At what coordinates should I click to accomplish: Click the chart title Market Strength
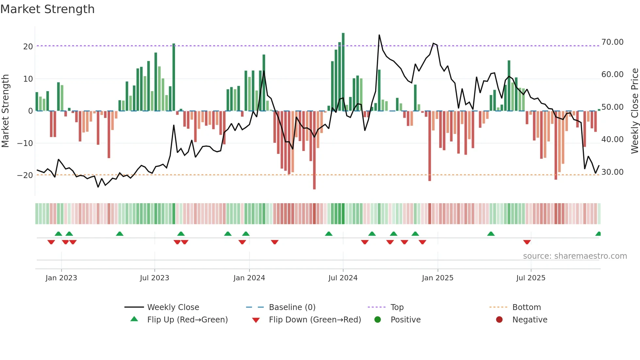(x=48, y=9)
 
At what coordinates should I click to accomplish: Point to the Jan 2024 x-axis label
(x=249, y=278)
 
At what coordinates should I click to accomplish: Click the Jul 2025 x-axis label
(x=531, y=278)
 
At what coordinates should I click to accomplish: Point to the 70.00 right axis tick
(x=612, y=42)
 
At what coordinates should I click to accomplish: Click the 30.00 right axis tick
(x=612, y=172)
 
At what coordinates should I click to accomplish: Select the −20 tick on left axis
(x=25, y=175)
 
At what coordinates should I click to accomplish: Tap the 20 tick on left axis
(x=28, y=47)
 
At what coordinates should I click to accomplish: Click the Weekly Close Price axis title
(x=634, y=111)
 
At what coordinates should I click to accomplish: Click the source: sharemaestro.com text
(x=575, y=256)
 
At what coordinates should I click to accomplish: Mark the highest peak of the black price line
(x=379, y=35)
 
